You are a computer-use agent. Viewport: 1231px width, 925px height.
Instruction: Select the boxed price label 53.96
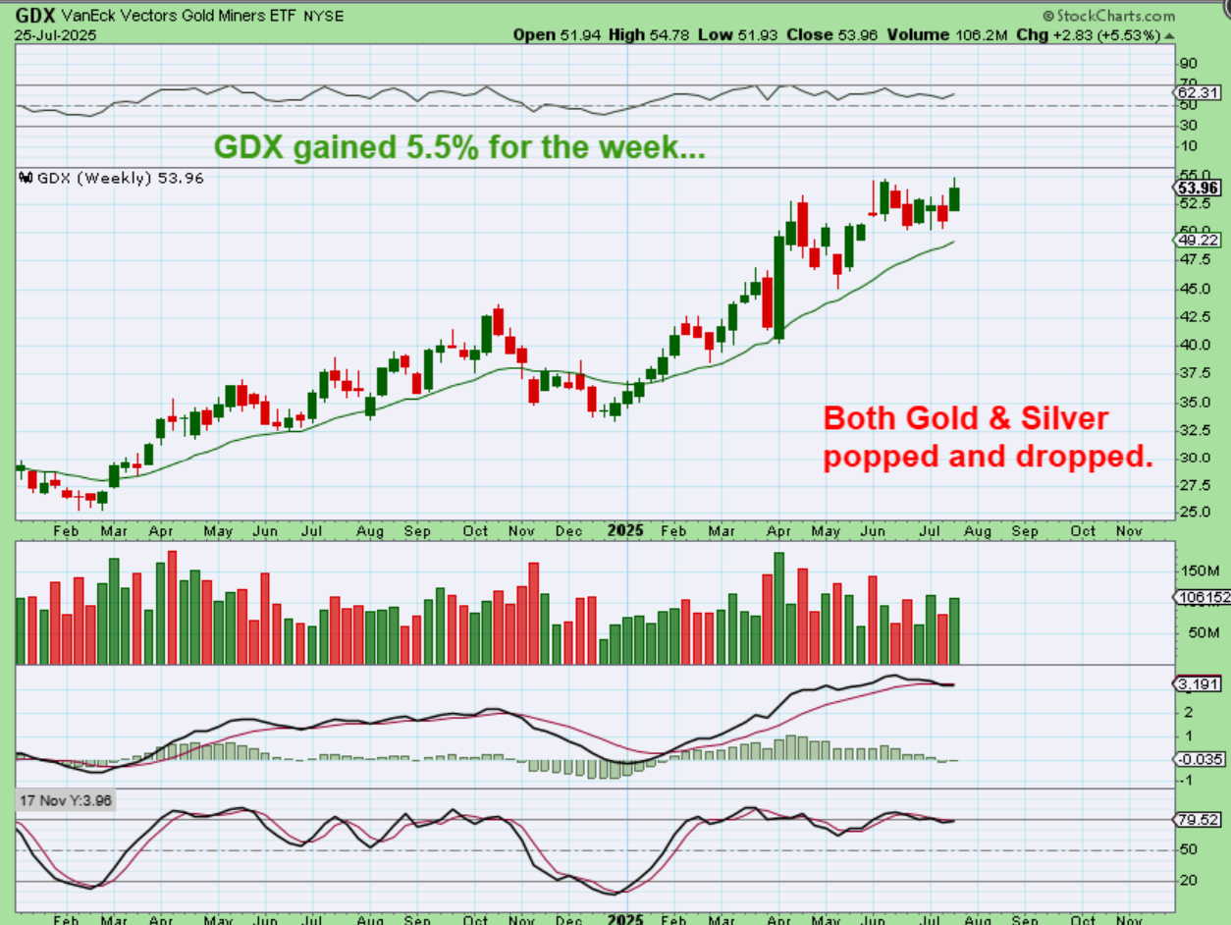coord(1199,187)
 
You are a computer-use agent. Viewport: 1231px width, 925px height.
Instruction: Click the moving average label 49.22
coord(1199,240)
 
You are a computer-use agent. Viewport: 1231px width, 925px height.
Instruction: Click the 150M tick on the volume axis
coord(1196,571)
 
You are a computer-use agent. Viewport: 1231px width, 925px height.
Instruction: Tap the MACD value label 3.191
coord(1200,684)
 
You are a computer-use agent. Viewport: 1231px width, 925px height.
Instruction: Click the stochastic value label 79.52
coord(1200,819)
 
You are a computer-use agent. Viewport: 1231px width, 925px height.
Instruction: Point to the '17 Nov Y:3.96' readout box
coord(67,801)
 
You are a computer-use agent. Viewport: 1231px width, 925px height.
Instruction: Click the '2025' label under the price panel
coord(624,530)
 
